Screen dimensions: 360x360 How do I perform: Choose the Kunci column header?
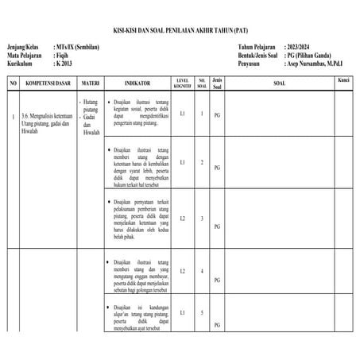point(343,81)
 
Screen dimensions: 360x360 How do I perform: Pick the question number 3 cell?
point(202,218)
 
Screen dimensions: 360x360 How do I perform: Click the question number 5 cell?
point(202,312)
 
